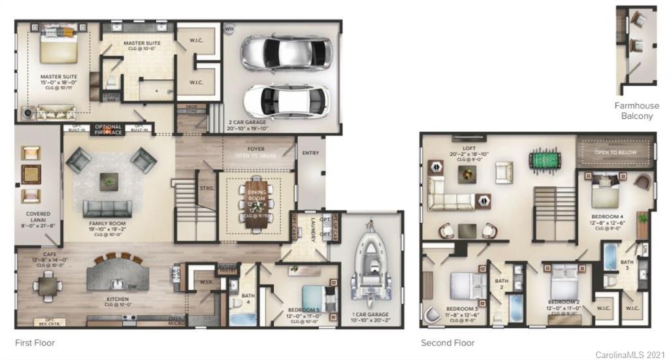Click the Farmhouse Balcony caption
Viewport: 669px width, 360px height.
tap(637, 110)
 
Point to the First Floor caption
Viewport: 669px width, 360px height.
tap(35, 342)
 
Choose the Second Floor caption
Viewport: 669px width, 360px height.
tap(448, 342)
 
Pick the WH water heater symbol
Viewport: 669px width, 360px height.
tap(229, 29)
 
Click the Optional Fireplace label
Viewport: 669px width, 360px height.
tap(108, 129)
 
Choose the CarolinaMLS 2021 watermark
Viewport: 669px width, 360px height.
tap(629, 354)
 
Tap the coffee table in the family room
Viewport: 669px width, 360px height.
tap(108, 181)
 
